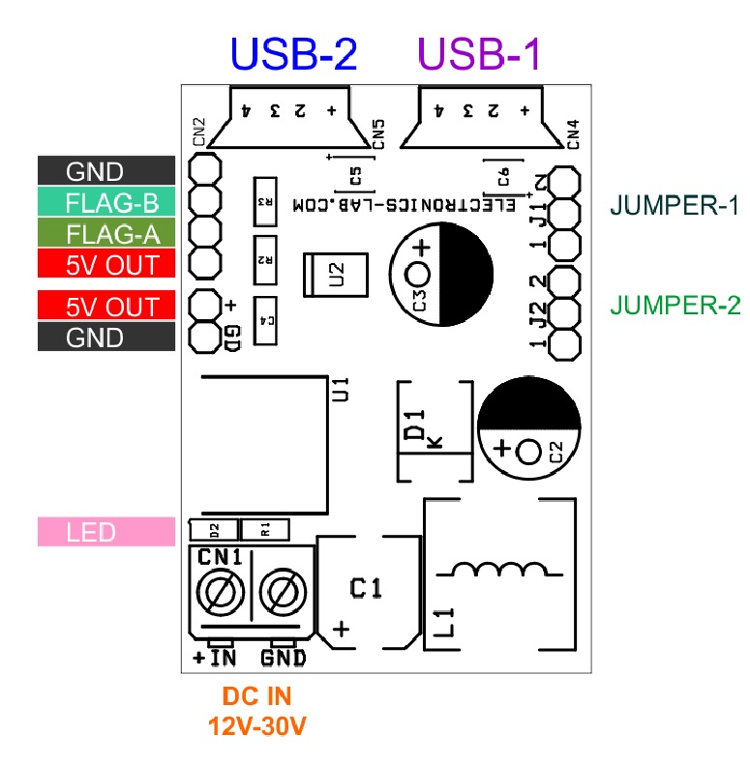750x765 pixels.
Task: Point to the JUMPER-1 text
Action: [x=675, y=205]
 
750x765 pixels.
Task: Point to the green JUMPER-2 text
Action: [x=675, y=306]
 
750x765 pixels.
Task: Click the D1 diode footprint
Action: [x=435, y=430]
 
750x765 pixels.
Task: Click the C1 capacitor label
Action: [x=367, y=587]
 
